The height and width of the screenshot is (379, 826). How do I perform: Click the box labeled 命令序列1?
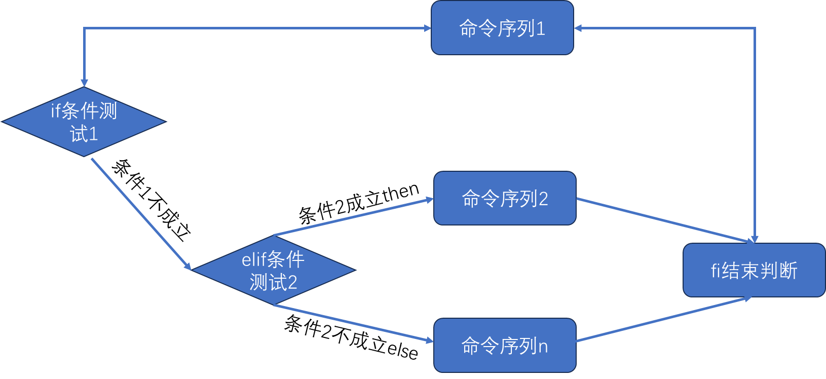tap(502, 28)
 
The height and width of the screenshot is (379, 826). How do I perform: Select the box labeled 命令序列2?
tap(505, 198)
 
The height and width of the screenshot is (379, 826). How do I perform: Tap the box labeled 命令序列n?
tap(505, 346)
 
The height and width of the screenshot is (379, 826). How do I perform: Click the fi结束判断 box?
tap(754, 270)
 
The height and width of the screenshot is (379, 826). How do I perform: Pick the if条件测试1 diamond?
tap(84, 122)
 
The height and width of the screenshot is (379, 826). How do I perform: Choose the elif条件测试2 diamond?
tap(273, 270)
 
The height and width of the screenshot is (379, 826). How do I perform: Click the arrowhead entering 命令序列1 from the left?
tap(427, 28)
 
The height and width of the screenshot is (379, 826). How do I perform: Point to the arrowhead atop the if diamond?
tap(84, 83)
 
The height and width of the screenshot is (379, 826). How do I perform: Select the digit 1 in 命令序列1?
tap(540, 29)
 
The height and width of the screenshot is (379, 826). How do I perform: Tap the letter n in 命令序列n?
tap(543, 347)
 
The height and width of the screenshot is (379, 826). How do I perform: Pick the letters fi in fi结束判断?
tap(716, 271)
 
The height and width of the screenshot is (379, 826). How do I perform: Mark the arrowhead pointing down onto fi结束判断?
tap(755, 239)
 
